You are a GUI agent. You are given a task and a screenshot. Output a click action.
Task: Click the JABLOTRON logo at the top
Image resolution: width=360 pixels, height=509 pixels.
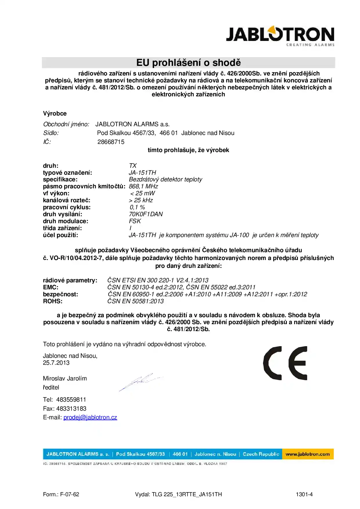point(280,36)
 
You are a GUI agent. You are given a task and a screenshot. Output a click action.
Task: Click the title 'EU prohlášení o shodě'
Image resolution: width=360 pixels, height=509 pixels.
point(188,63)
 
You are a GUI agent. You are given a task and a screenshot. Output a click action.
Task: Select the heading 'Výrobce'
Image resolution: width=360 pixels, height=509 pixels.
point(55,113)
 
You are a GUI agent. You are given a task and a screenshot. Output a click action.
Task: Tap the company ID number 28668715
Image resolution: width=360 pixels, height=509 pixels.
point(111,142)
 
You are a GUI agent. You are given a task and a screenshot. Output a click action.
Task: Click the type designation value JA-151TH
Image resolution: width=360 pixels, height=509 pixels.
point(142,173)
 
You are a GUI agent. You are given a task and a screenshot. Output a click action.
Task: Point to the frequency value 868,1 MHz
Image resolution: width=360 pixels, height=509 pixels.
point(143,186)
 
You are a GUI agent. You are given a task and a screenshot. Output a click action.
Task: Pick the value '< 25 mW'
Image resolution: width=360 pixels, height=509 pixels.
point(142,193)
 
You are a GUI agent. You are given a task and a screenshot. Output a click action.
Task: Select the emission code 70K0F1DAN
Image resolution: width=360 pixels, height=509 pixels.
point(146,214)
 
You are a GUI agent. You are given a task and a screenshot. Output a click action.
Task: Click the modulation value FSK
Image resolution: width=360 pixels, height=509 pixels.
point(135,221)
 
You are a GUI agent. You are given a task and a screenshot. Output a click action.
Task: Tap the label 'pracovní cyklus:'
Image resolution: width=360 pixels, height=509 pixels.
point(67,207)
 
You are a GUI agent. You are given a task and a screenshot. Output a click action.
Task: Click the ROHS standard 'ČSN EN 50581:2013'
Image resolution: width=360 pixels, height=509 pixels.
point(135,301)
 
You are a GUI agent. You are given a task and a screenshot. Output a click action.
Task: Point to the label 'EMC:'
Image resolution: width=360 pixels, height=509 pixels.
point(51,287)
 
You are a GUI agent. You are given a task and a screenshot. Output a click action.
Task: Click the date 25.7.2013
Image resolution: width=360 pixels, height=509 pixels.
point(56,363)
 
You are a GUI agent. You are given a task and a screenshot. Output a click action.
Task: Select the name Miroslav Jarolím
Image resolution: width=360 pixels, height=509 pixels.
point(65,378)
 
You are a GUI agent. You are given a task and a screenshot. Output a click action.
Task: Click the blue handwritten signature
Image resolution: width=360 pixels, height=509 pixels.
point(141,381)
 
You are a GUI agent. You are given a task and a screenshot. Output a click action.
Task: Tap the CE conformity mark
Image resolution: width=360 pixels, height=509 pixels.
point(285,363)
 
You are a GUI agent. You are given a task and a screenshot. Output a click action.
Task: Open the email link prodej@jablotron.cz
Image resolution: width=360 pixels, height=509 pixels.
point(90,417)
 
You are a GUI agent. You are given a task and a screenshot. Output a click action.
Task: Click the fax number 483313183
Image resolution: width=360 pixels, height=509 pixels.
point(71,409)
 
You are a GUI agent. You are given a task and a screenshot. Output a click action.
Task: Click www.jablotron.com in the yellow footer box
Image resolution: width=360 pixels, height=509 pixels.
point(307,454)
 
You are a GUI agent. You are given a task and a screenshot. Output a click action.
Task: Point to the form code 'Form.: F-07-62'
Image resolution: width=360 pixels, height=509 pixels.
point(61,494)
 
